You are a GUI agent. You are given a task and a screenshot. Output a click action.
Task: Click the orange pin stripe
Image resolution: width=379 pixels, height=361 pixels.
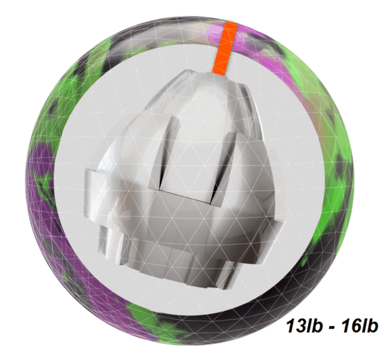click(225, 48)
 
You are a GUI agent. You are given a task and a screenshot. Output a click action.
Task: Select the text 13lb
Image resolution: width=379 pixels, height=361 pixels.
click(304, 326)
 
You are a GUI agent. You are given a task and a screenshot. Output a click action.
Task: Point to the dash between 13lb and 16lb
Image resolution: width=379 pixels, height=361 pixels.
click(332, 327)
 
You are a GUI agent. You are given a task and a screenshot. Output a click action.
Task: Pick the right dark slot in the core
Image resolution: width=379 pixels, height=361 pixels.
click(224, 169)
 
